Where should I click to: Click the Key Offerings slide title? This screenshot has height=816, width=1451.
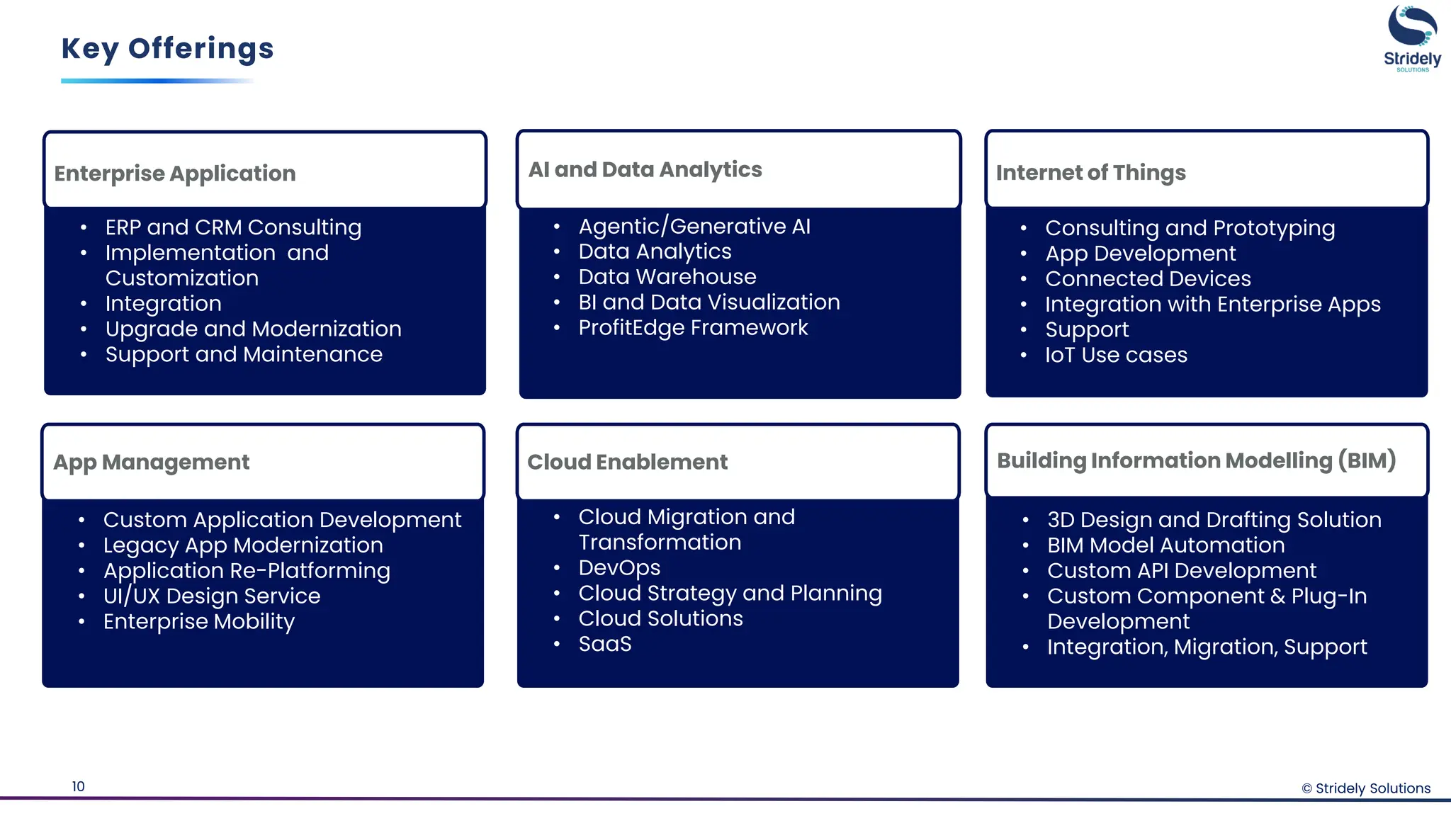pos(167,49)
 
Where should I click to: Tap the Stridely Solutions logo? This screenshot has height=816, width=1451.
pos(1411,38)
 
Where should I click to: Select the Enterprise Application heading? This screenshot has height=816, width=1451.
pos(175,174)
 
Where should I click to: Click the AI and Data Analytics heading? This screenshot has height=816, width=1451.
pos(645,170)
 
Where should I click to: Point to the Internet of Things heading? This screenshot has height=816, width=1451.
pos(1090,173)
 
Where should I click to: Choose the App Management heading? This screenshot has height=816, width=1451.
pos(152,463)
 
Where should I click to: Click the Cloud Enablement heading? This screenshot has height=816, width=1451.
pos(627,463)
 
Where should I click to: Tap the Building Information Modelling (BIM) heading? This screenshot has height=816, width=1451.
pos(1196,461)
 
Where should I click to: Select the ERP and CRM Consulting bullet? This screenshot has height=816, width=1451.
pos(233,227)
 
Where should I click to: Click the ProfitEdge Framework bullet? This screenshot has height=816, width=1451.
pos(693,328)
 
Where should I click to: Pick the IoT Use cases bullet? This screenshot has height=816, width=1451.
pos(1116,355)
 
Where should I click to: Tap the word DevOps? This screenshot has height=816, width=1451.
pos(619,568)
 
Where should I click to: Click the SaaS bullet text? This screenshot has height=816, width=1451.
pos(604,645)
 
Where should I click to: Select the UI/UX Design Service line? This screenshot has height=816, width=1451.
pos(212,596)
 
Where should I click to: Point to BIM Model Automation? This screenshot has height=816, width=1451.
pos(1165,545)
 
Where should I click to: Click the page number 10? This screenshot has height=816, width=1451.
pos(78,786)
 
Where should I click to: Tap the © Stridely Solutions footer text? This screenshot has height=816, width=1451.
pos(1365,788)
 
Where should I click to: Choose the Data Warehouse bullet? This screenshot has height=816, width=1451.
pos(667,277)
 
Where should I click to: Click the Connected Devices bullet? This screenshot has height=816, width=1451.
pos(1148,279)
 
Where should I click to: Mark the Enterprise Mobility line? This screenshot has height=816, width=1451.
pos(199,622)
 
